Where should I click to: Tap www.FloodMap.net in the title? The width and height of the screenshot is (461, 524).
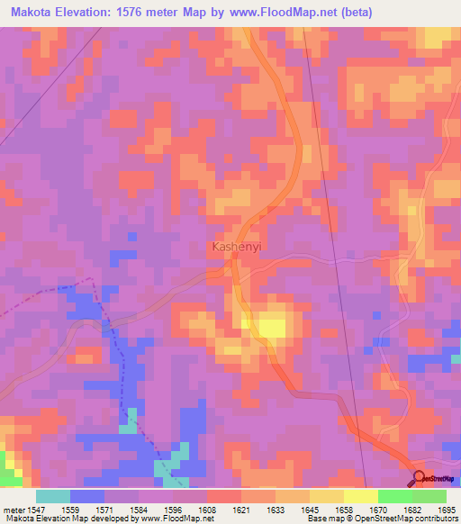(275, 13)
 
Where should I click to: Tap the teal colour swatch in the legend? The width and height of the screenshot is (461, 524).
(53, 496)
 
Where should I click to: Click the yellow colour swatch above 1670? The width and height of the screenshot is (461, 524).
(361, 496)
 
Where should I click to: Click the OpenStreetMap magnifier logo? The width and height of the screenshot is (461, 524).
(419, 478)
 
